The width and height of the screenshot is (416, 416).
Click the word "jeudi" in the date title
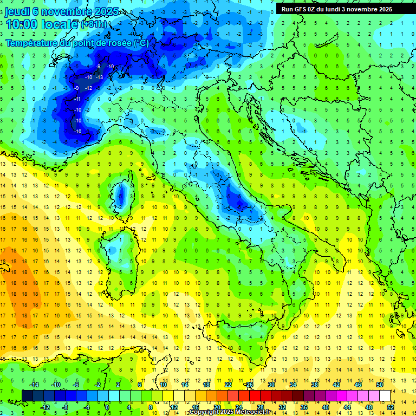(x=17, y=11)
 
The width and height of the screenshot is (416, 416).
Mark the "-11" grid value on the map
(x=77, y=99)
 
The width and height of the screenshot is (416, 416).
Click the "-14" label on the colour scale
(x=34, y=384)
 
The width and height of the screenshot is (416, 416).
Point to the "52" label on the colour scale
(x=390, y=407)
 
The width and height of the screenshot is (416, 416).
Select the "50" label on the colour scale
(x=380, y=384)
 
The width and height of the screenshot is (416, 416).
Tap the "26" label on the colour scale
(x=250, y=384)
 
